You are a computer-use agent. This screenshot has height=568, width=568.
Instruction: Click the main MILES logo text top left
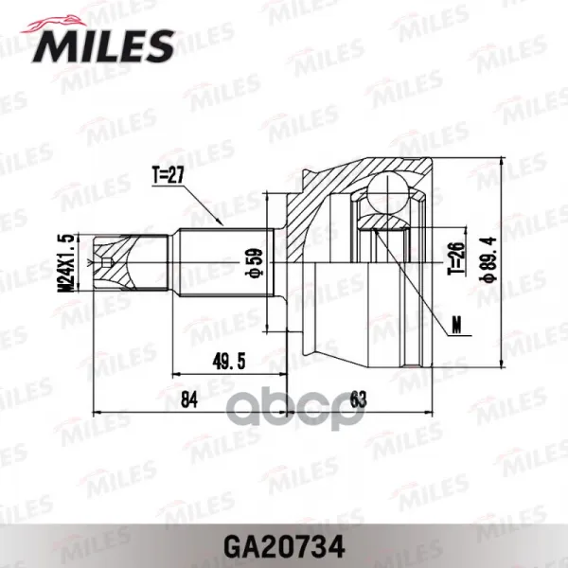(104, 46)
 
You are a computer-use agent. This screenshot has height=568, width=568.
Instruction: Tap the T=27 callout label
(169, 176)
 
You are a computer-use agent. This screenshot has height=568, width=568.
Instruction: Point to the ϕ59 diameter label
(256, 262)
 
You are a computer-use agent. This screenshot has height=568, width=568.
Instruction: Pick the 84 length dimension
(189, 399)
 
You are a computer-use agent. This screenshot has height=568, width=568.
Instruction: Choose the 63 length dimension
(359, 399)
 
